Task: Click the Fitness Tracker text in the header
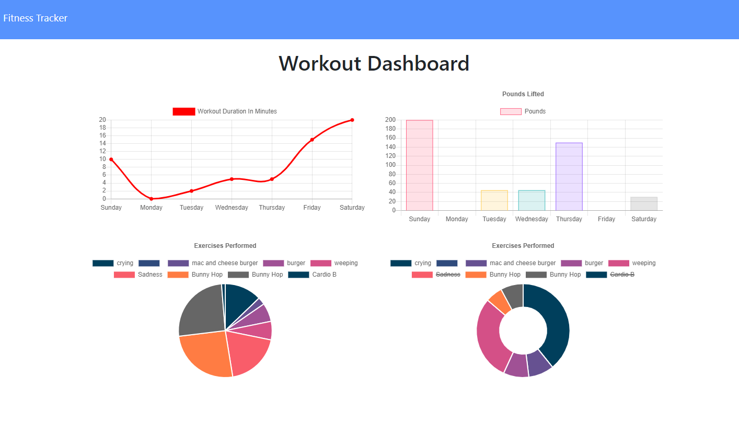coord(36,18)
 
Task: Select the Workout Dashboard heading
coord(374,63)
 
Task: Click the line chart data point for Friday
coord(312,140)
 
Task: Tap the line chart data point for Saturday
coord(352,120)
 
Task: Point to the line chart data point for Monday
coord(151,199)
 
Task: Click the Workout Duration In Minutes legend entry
coord(225,111)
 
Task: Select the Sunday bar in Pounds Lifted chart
coord(419,165)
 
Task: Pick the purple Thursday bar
coord(569,176)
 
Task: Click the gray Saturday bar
coord(643,204)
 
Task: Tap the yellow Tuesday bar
coord(494,200)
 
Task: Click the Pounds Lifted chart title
coord(523,94)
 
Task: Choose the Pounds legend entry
coord(523,111)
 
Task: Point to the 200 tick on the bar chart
coord(390,120)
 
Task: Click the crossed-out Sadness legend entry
coord(447,275)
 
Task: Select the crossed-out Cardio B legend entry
coord(622,275)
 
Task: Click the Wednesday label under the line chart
coord(232,208)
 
